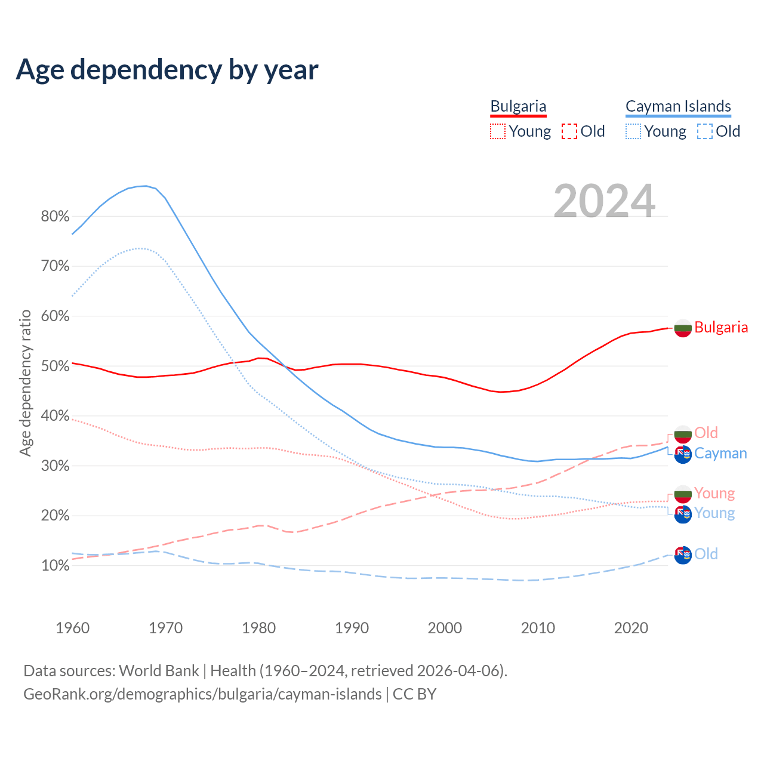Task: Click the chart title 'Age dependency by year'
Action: [x=167, y=70]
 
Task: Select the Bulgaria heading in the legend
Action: [x=518, y=106]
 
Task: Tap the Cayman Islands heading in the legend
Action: [x=678, y=106]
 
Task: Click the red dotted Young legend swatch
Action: [x=498, y=131]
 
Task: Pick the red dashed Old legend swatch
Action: [x=569, y=131]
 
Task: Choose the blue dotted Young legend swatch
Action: [x=633, y=131]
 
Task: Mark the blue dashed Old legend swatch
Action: [x=705, y=131]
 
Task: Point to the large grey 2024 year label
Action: [x=604, y=201]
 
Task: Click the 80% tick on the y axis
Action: [x=55, y=216]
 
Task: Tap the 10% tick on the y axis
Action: [x=55, y=565]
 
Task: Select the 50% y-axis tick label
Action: [x=55, y=366]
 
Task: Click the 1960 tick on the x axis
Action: [x=72, y=628]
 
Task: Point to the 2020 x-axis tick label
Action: [x=631, y=628]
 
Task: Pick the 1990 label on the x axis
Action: [x=352, y=628]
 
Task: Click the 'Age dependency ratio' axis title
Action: [x=25, y=383]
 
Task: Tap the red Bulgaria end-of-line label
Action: [x=721, y=327]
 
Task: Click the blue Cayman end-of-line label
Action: [x=720, y=453]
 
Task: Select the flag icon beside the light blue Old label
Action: [x=683, y=554]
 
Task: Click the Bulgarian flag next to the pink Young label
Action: [x=683, y=494]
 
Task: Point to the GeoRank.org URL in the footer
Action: [x=202, y=694]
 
